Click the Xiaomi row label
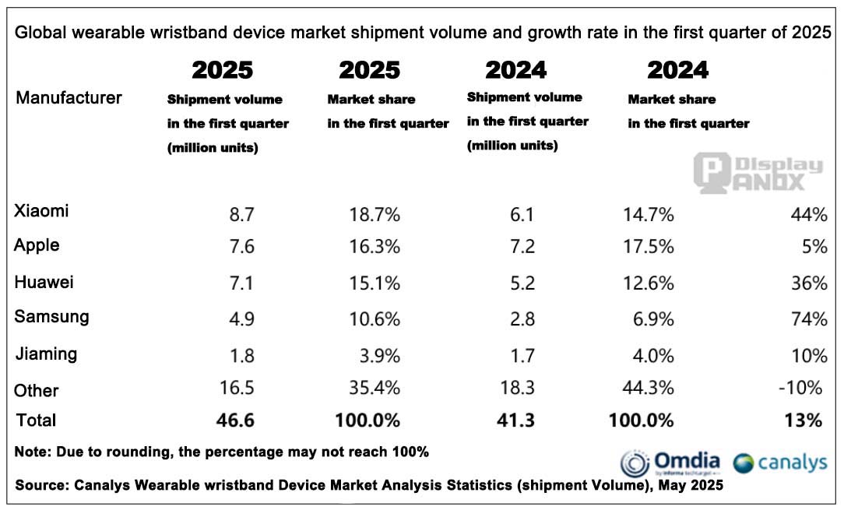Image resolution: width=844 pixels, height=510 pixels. pos(41,211)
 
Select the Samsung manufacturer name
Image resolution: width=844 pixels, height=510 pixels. pos(51,317)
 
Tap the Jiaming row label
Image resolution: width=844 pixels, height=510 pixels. pos(47,354)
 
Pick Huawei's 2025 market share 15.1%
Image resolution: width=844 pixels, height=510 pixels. pos(374,283)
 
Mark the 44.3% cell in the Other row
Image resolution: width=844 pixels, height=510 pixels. pos(648,388)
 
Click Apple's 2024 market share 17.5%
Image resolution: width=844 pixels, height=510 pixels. pos(648,247)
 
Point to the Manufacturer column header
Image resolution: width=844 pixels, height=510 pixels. pos(69,98)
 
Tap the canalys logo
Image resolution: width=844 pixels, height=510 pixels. pos(781,463)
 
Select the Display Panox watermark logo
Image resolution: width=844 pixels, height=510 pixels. pos(758,174)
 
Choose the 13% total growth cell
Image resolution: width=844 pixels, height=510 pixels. pos(805,420)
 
